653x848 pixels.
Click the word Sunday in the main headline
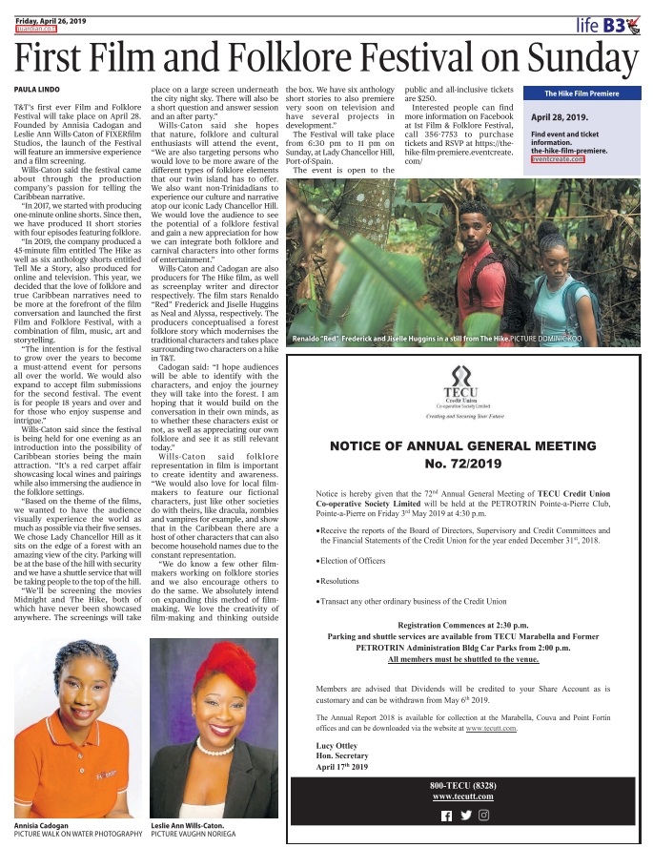click(570, 57)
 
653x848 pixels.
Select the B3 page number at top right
click(614, 26)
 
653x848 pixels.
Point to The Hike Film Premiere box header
click(582, 93)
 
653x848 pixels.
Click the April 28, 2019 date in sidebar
click(559, 116)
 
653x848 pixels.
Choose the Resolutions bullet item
click(343, 579)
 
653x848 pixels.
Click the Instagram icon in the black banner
click(484, 815)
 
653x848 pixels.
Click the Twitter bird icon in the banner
click(465, 816)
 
